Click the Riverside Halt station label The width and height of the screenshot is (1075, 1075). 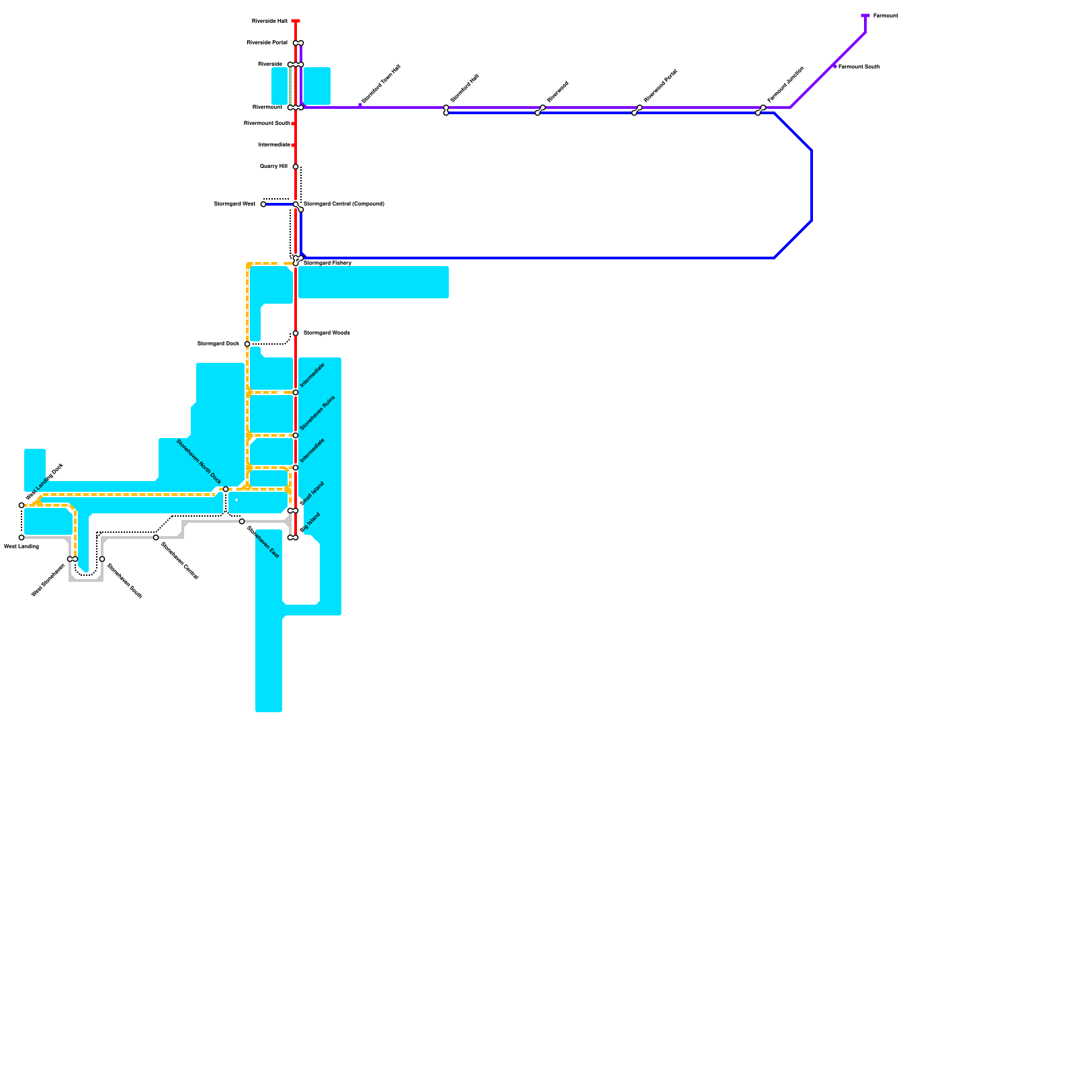(269, 21)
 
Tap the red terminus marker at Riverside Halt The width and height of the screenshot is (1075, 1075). (296, 21)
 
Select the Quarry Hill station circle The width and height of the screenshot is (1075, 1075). (296, 167)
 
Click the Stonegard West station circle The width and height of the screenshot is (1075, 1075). (263, 204)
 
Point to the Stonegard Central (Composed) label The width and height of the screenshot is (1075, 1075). (343, 204)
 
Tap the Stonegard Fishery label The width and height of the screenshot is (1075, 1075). (327, 263)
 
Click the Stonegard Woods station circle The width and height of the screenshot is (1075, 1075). (296, 333)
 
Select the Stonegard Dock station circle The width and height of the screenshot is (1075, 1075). (247, 344)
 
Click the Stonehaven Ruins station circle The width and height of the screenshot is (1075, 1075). (296, 435)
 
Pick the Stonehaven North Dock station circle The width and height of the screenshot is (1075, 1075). (226, 489)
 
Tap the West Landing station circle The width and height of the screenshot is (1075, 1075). (21, 537)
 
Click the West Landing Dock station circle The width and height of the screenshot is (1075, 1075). (21, 505)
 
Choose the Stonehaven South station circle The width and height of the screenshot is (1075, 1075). (102, 559)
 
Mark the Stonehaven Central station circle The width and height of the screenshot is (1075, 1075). (156, 537)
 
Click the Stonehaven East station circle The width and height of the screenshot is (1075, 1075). (242, 521)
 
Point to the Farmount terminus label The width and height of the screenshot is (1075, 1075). (885, 15)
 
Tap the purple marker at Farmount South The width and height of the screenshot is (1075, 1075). (834, 66)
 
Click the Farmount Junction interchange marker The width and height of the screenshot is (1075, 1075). (761, 110)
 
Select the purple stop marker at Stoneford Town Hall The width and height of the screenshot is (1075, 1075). (360, 105)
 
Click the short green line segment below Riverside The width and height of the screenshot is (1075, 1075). (290, 86)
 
